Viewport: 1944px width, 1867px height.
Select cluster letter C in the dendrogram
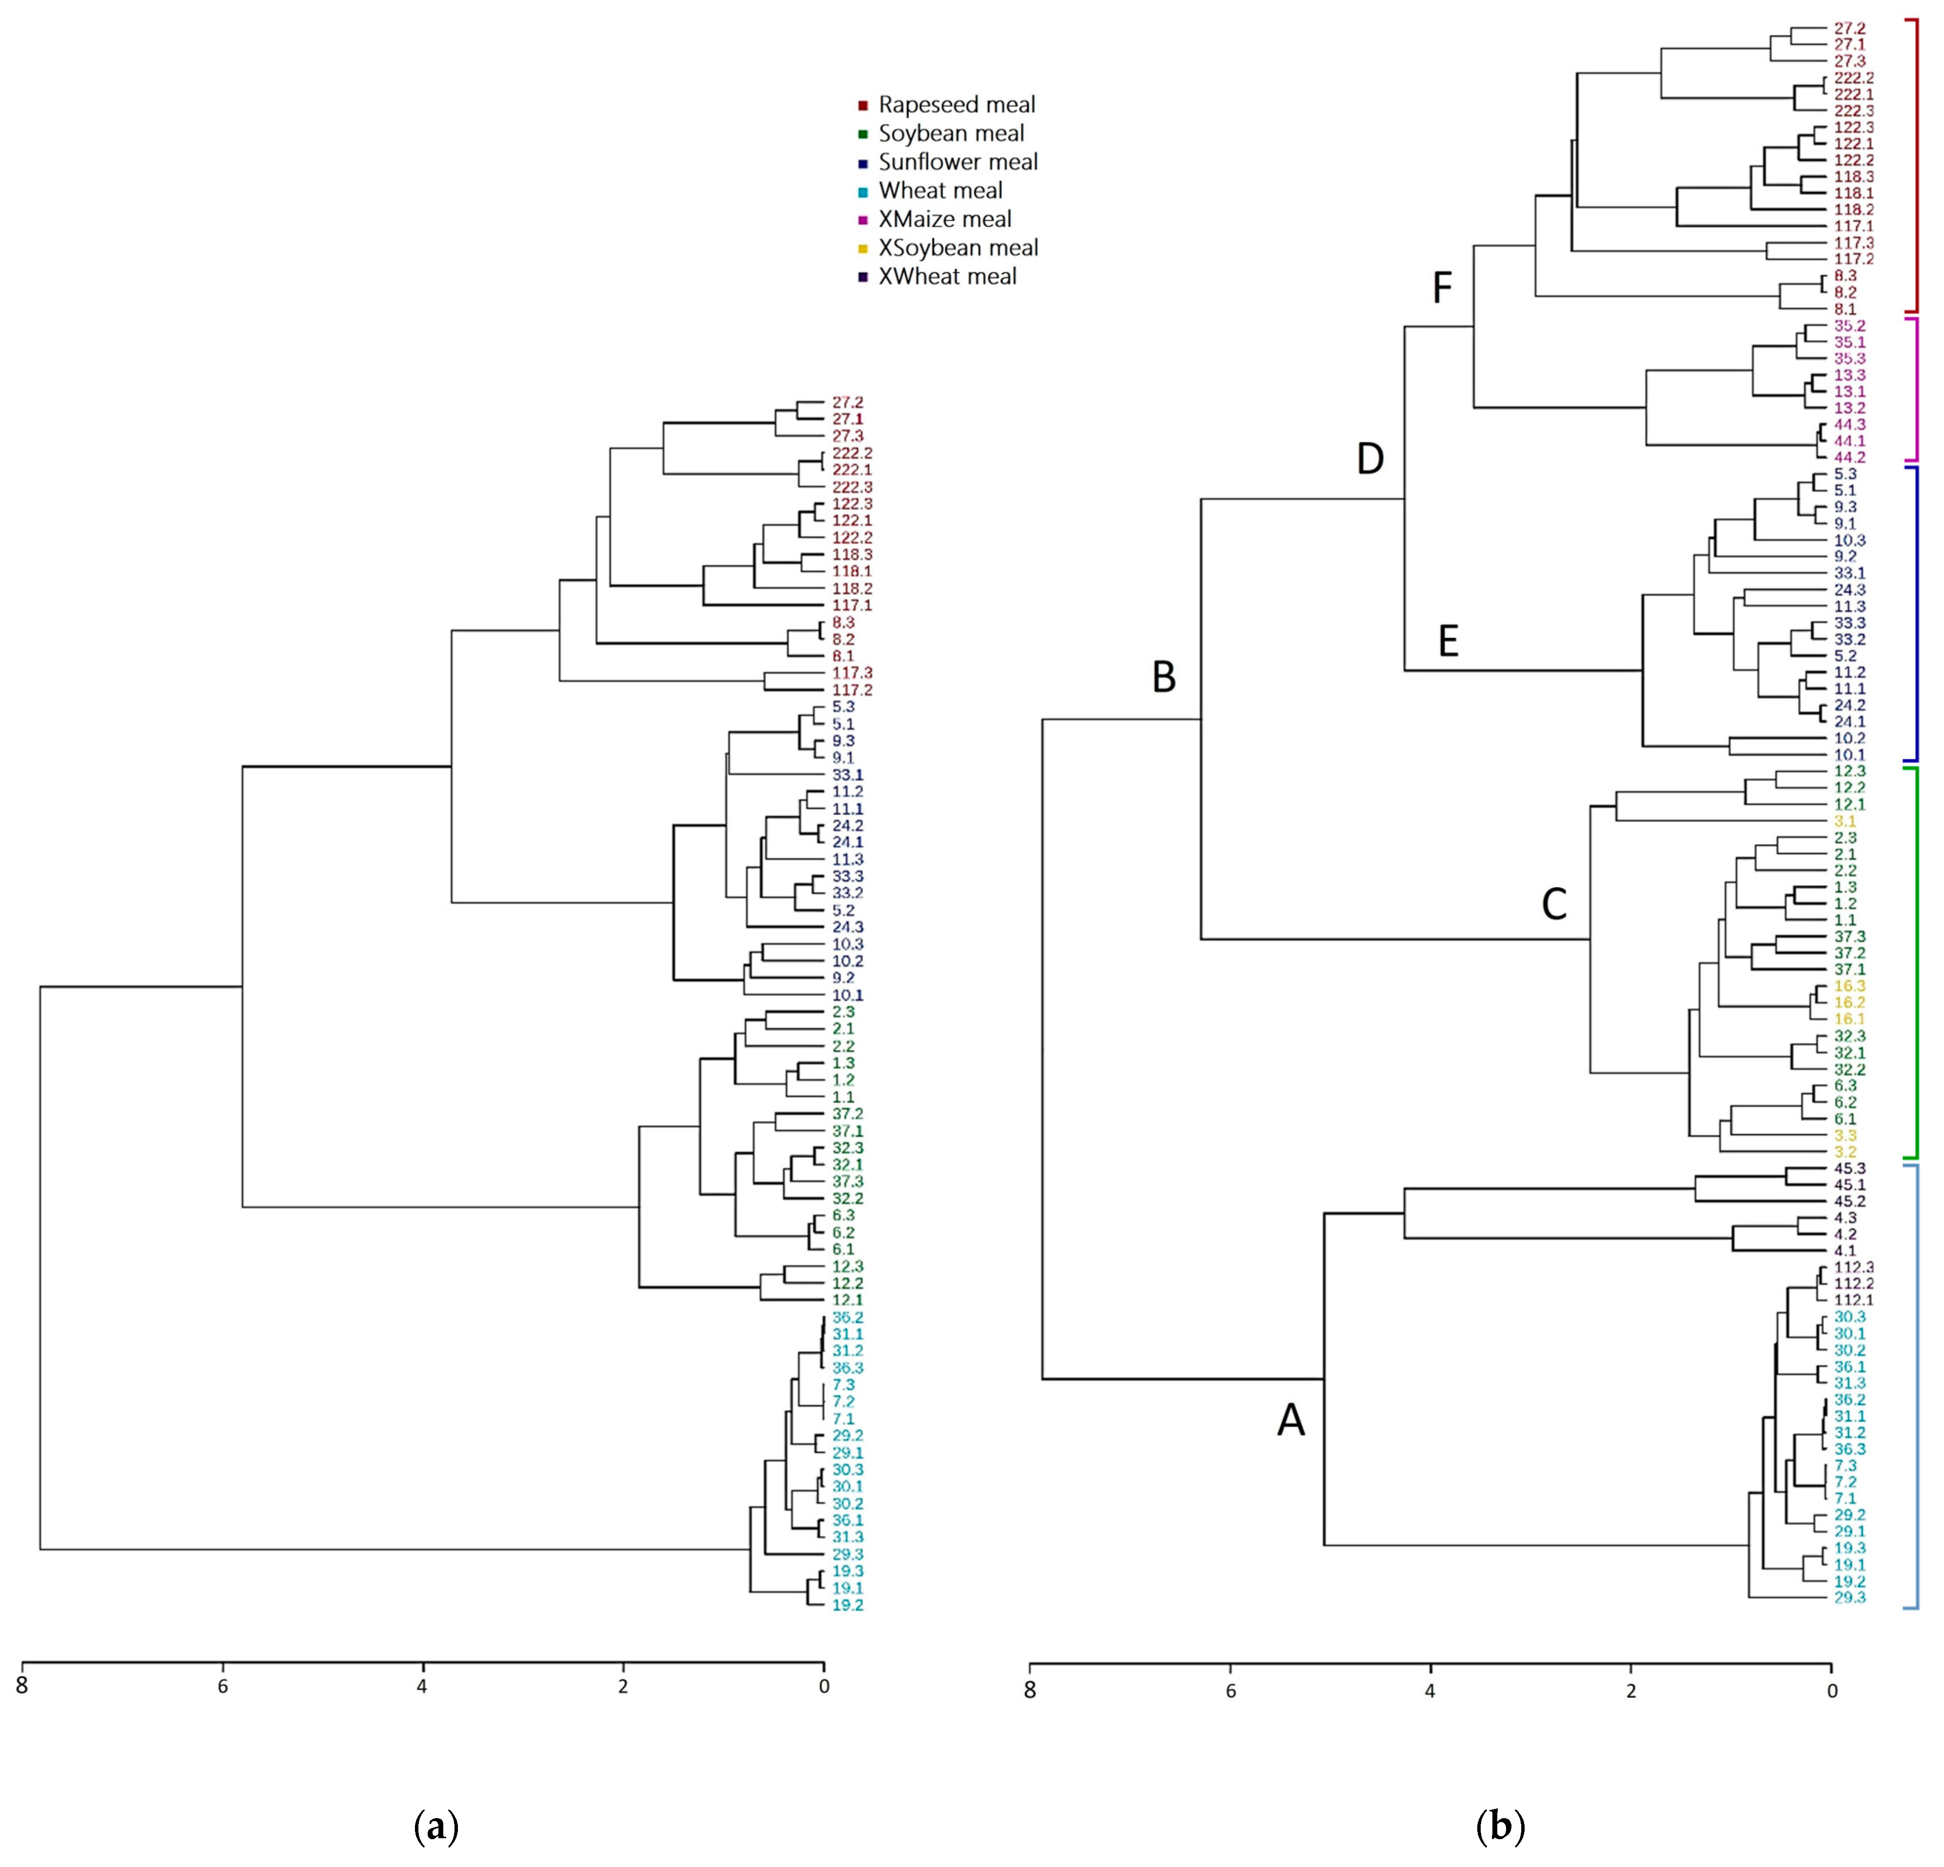pos(1553,904)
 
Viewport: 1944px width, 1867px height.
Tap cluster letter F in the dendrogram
pos(1442,289)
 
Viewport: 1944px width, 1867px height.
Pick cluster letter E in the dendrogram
pos(1448,642)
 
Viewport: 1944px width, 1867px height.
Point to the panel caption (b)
pos(1500,1826)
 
